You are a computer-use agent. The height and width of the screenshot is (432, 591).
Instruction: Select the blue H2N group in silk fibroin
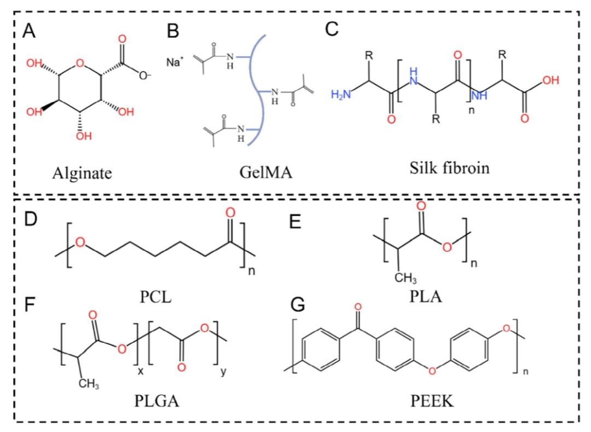(x=339, y=96)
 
